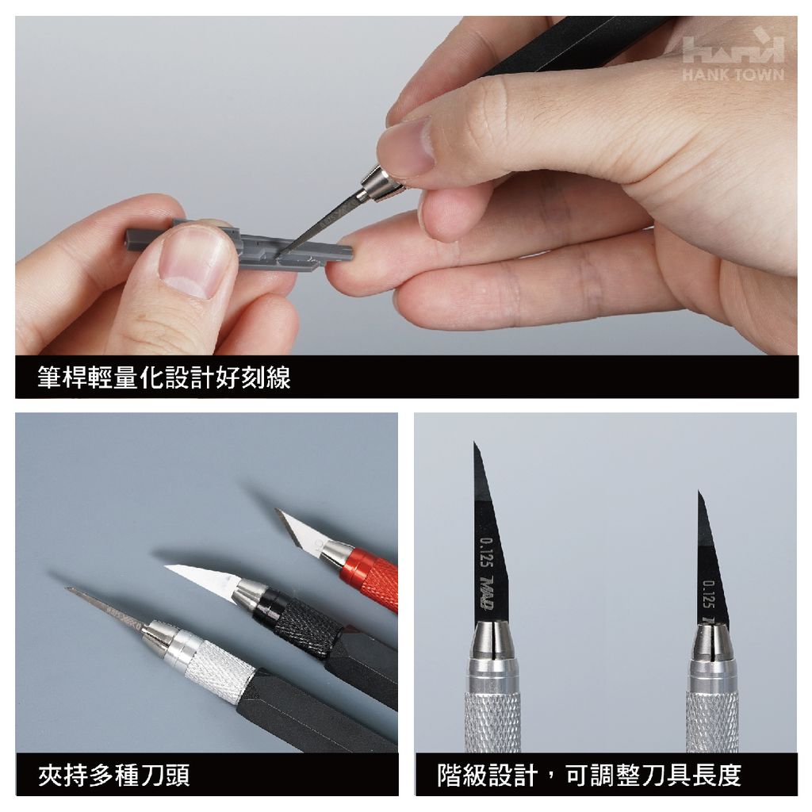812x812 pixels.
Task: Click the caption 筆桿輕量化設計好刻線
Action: (x=164, y=377)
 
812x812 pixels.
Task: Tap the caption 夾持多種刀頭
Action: (x=114, y=776)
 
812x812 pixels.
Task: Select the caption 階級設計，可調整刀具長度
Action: (x=589, y=776)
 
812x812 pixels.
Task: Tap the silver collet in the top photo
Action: (x=379, y=184)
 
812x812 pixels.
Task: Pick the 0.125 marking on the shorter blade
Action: (x=709, y=595)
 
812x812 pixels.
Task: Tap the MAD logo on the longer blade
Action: (x=487, y=592)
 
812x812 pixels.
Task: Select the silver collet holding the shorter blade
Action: (x=712, y=645)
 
